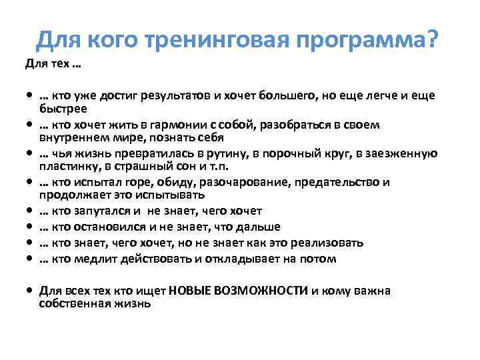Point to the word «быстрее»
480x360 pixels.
coord(63,108)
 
